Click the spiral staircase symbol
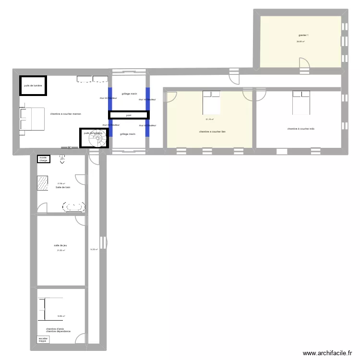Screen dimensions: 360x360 (x=98, y=140)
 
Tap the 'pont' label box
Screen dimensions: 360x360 (x=128, y=115)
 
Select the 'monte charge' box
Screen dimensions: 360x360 (x=44, y=159)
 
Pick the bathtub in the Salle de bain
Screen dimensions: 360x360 (x=74, y=207)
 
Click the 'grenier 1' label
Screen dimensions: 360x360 (x=303, y=35)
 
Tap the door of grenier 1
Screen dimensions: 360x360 (x=304, y=64)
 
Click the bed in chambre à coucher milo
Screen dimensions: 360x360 (x=301, y=102)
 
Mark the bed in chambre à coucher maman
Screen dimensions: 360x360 (x=32, y=119)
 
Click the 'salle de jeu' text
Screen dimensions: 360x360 (x=60, y=245)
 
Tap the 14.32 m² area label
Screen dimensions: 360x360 (x=94, y=249)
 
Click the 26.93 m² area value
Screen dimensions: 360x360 (x=300, y=41)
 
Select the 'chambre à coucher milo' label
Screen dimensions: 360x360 (x=301, y=129)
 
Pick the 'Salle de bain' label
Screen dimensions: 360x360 (x=62, y=187)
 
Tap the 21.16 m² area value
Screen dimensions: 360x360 (x=209, y=120)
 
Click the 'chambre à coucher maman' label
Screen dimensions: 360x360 (x=65, y=114)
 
